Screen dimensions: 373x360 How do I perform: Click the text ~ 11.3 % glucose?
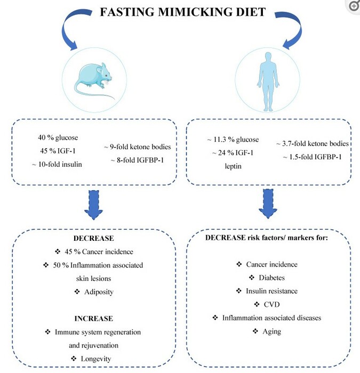pyautogui.click(x=233, y=140)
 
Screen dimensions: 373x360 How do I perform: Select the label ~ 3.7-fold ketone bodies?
pyautogui.click(x=313, y=144)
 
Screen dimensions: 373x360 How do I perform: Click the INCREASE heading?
pyautogui.click(x=94, y=318)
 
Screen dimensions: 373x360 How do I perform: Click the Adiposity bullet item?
pyautogui.click(x=95, y=291)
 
